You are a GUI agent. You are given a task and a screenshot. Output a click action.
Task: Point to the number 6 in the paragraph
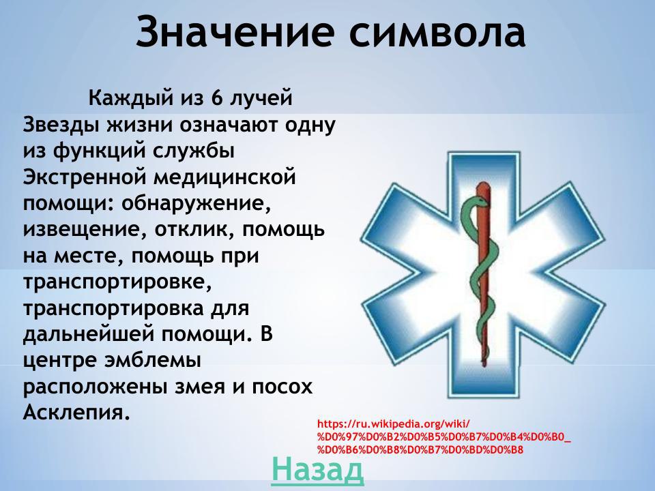point(217,98)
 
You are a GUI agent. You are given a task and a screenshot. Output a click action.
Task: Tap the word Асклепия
point(76,413)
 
